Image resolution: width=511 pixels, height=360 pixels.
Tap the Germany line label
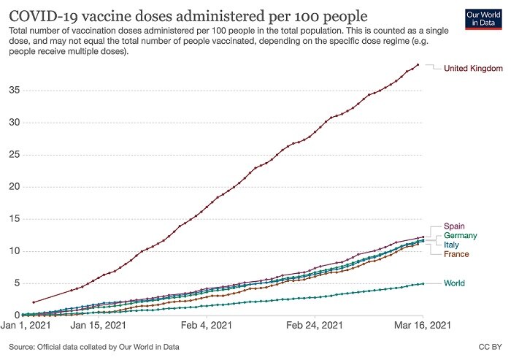tap(463, 235)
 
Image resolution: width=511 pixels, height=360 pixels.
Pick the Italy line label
tap(452, 245)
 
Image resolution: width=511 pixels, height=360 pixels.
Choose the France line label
tap(456, 253)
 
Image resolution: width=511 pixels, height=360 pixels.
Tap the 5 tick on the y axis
tap(15, 283)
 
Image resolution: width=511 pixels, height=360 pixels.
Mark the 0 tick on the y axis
tap(15, 315)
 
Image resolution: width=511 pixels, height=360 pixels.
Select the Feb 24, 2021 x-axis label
tap(315, 325)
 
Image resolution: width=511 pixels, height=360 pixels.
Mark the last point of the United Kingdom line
tap(418, 65)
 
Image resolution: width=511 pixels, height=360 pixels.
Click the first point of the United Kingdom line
tap(34, 302)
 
